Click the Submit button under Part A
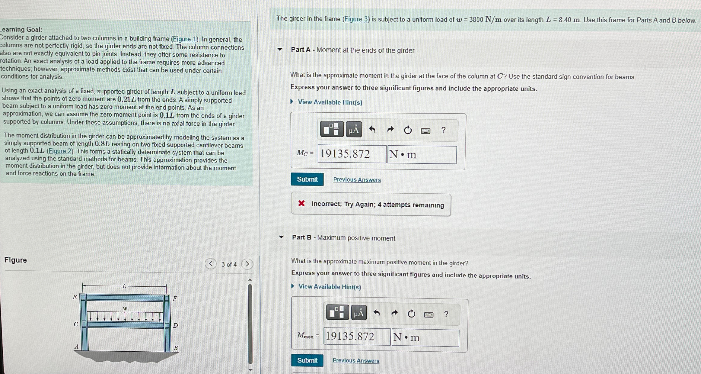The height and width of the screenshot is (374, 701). (307, 179)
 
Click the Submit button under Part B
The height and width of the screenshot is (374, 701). (307, 360)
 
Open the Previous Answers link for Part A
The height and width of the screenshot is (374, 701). (357, 180)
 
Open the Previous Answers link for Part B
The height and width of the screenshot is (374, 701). (356, 360)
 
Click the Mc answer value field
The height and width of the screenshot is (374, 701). (352, 154)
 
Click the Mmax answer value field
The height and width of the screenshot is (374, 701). (357, 337)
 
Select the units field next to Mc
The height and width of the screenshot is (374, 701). (422, 155)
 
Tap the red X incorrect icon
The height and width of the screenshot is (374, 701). (301, 203)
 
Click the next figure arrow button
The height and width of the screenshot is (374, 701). (247, 264)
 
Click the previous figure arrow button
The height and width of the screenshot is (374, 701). (211, 264)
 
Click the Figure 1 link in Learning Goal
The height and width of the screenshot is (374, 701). (185, 39)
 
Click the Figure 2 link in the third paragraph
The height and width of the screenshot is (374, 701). (60, 151)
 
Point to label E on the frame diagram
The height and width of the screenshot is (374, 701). (75, 297)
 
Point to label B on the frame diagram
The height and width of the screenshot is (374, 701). (176, 348)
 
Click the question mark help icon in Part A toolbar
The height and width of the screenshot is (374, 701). (443, 130)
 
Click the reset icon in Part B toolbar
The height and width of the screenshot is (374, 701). (411, 314)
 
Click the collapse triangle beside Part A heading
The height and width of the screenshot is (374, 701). (280, 49)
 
